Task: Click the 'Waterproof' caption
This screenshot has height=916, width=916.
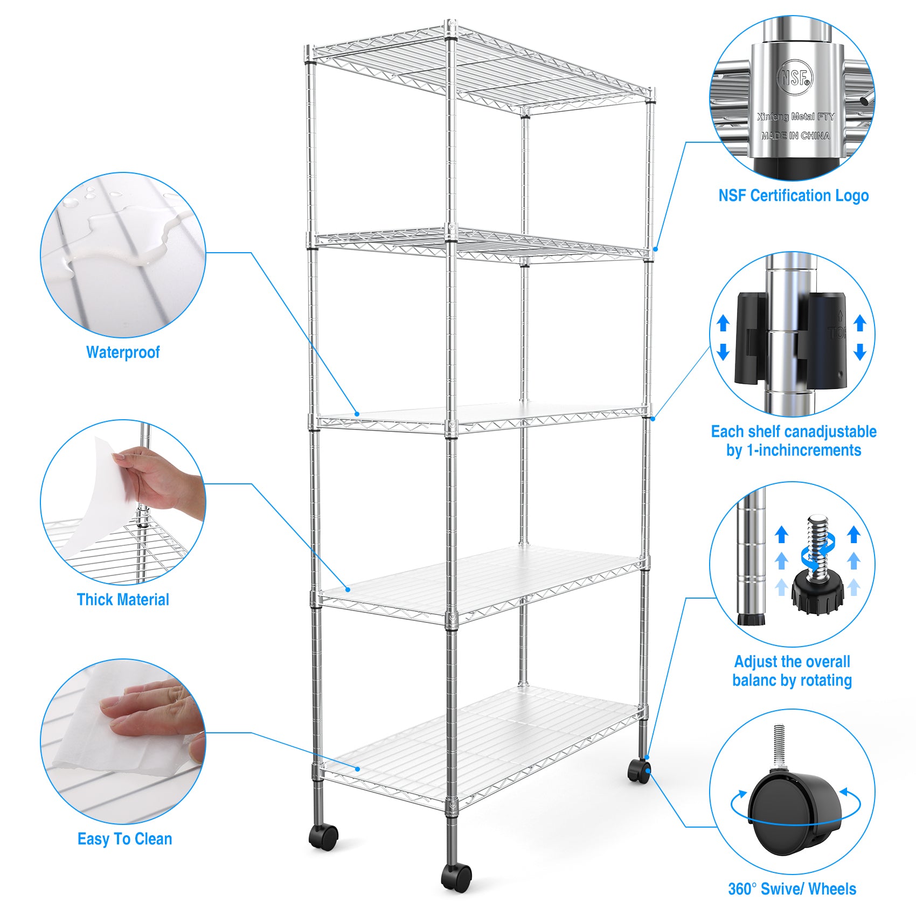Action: tap(123, 352)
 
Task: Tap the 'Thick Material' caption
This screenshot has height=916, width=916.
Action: tap(123, 600)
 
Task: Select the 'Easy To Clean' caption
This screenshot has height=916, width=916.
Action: tap(124, 839)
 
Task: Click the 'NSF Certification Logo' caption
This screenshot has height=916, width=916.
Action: tap(793, 196)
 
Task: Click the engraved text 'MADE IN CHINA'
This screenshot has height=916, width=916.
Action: tap(795, 136)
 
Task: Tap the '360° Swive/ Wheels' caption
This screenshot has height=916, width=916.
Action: tap(792, 889)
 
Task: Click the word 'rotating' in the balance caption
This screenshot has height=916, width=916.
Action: tap(825, 681)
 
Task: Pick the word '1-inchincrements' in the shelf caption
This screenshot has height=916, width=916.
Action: tap(803, 450)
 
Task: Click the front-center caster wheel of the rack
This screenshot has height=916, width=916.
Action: tap(456, 877)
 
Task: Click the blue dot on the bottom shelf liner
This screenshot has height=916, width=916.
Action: tap(358, 768)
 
